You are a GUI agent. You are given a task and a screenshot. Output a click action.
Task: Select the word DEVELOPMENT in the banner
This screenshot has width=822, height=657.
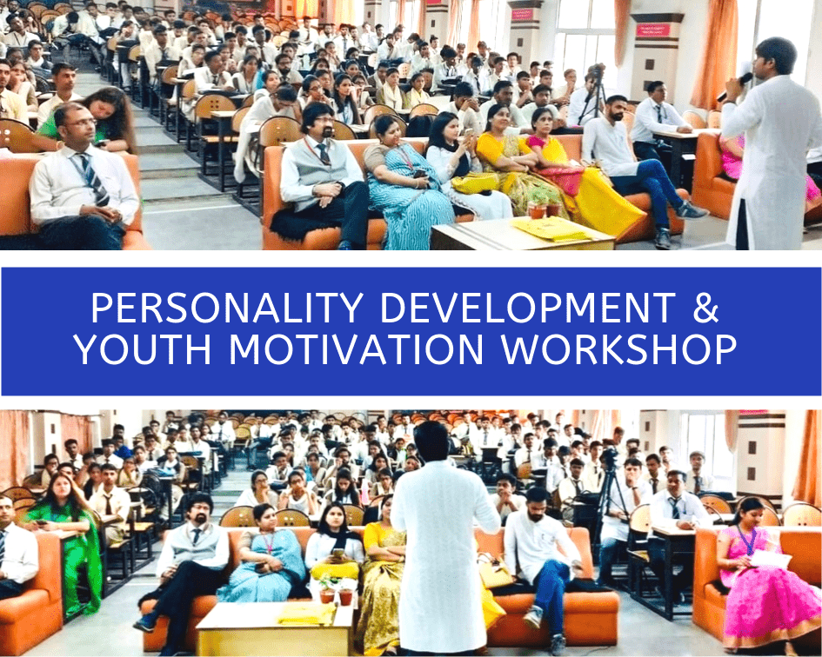click(x=528, y=308)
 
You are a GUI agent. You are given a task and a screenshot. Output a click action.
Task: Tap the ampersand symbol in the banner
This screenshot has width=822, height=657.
click(x=705, y=308)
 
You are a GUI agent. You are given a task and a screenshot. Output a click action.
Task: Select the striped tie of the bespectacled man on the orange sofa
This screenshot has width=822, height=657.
click(x=92, y=179)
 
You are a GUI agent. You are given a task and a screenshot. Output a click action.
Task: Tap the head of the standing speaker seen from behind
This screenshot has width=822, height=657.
click(x=431, y=441)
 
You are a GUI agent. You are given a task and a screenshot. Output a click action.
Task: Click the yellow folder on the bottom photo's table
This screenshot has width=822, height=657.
click(x=308, y=613)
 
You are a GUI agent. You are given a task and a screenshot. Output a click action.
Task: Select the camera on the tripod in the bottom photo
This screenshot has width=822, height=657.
click(x=610, y=460)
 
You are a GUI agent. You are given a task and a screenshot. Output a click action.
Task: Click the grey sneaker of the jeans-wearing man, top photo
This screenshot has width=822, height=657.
click(x=691, y=210)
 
